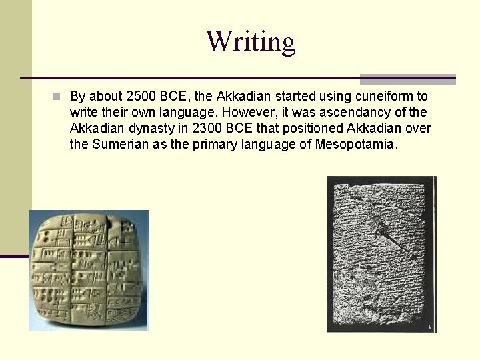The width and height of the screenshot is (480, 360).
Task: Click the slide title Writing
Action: coord(250,41)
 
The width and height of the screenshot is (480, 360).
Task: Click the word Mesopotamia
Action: coord(356,144)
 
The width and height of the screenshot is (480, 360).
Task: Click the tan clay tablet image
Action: coord(88,269)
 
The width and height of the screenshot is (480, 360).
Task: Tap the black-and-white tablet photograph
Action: coord(381,253)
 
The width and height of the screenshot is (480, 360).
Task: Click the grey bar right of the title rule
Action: coord(407,79)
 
